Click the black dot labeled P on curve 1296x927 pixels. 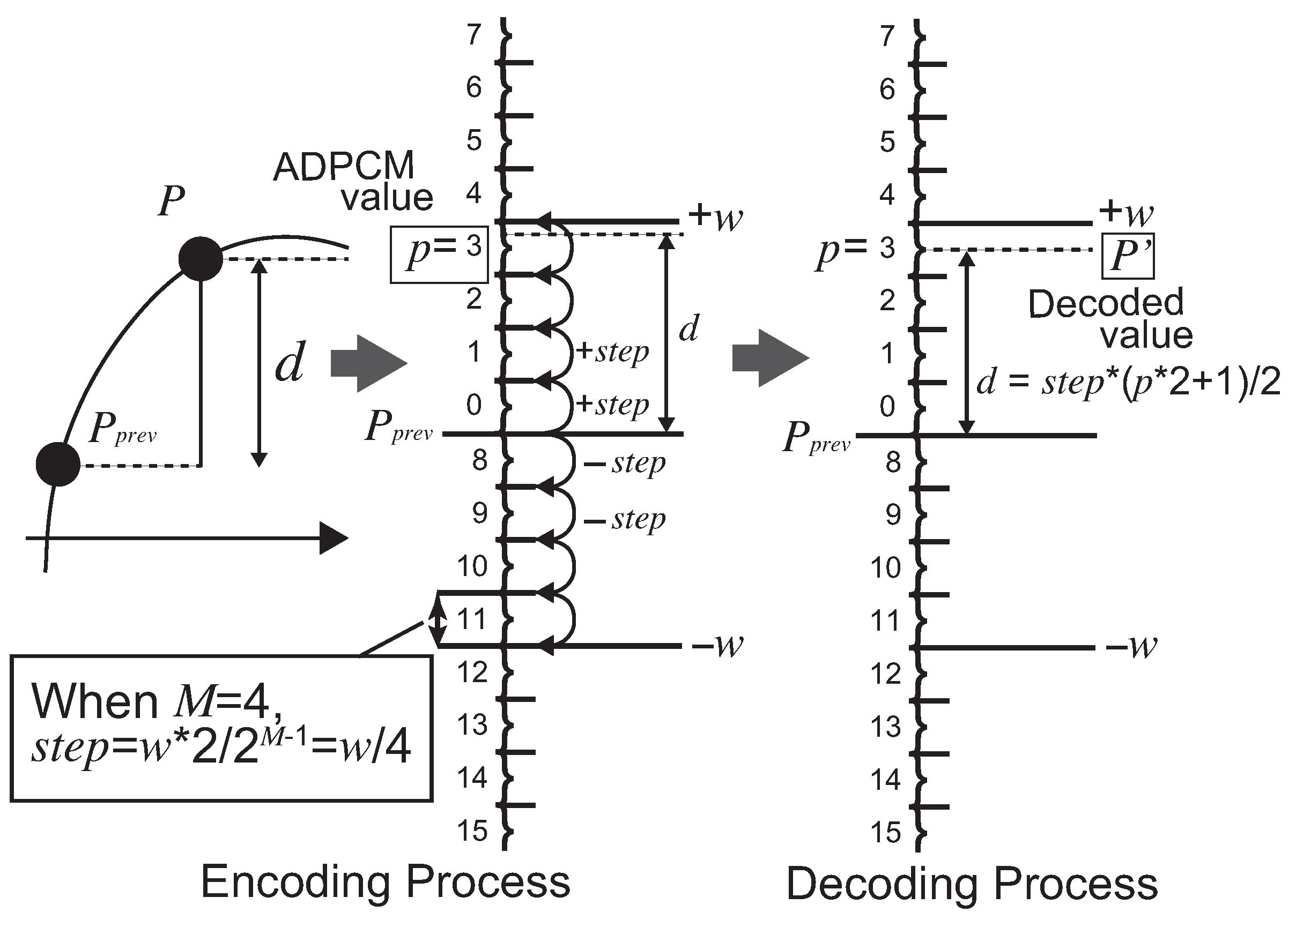click(x=200, y=259)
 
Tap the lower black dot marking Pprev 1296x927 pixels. click(x=58, y=464)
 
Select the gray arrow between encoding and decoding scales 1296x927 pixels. click(x=771, y=358)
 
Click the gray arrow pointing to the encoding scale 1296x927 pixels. click(x=368, y=364)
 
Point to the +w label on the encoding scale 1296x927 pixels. click(x=716, y=216)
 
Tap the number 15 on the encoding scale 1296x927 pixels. click(x=472, y=831)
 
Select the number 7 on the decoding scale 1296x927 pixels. click(x=886, y=36)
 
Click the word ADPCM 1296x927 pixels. click(x=343, y=167)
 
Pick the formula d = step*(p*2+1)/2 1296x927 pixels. click(x=1128, y=382)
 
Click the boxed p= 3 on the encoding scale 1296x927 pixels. click(x=439, y=254)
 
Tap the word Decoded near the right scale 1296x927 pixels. click(x=1106, y=303)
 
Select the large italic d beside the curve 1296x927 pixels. click(x=290, y=363)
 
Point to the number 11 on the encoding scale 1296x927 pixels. click(x=472, y=619)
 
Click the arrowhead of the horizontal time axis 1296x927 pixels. click(x=333, y=537)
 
